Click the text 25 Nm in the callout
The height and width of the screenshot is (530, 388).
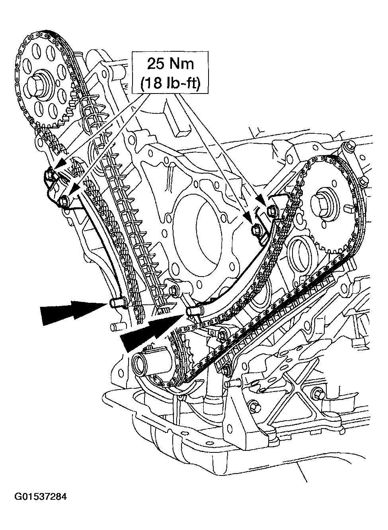(x=171, y=64)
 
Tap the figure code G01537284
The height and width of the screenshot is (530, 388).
(x=41, y=497)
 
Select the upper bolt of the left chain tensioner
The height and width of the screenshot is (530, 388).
(x=50, y=174)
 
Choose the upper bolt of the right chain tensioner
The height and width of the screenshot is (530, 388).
(x=272, y=211)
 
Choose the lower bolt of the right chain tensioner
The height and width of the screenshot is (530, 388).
(x=256, y=230)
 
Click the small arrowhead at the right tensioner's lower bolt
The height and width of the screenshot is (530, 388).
(x=248, y=217)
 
